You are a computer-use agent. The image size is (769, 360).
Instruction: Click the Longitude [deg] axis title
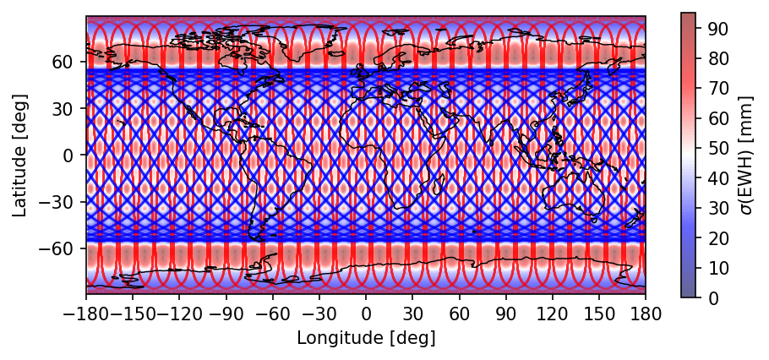point(366,339)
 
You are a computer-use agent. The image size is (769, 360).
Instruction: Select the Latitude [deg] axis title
point(22,155)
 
